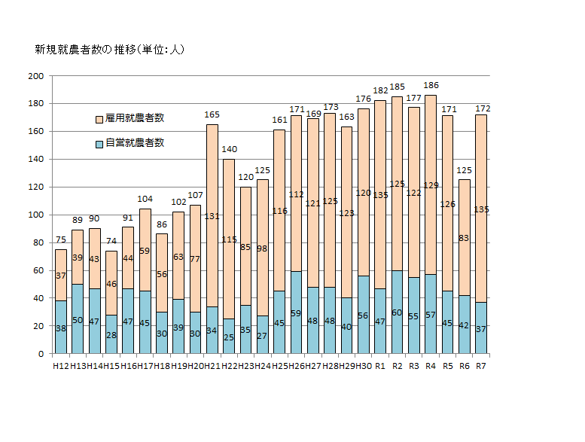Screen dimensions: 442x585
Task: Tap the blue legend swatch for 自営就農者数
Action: pos(99,143)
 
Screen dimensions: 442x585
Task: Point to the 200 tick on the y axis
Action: pos(35,76)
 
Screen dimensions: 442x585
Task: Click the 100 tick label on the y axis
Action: pos(35,215)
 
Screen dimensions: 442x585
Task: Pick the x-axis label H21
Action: pos(212,365)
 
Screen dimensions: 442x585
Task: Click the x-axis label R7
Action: pos(481,365)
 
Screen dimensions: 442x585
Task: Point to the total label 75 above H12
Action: pos(60,241)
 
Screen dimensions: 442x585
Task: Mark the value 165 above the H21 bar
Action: pos(212,115)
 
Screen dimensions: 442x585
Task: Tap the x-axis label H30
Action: pos(364,365)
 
